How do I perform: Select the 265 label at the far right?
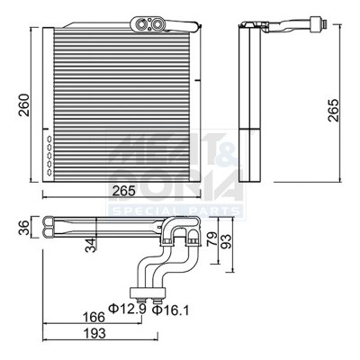(x=335, y=109)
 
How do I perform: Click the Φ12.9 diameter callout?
(x=126, y=310)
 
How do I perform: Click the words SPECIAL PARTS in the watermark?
(x=175, y=211)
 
